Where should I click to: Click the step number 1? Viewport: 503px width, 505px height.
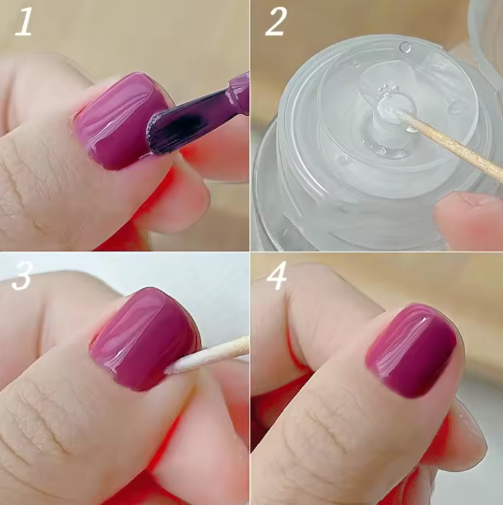click(x=23, y=22)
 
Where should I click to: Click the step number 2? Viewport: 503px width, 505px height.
click(x=275, y=21)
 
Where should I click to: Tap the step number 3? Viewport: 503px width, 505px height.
click(x=21, y=275)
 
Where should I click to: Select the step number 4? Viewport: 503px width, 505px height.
click(x=276, y=275)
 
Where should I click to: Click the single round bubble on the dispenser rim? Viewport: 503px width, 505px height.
click(x=405, y=48)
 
